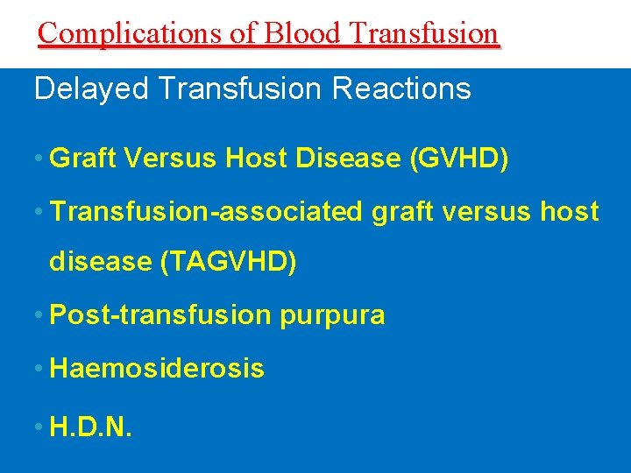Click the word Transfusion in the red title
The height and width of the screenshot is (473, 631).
[423, 32]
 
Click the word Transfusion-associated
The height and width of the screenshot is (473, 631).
[206, 211]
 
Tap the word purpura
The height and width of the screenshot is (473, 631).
[332, 315]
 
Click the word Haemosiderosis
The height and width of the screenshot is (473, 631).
[157, 369]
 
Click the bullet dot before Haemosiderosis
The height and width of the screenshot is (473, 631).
[39, 369]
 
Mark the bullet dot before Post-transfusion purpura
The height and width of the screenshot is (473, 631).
[39, 315]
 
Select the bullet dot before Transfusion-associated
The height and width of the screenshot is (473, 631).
[39, 211]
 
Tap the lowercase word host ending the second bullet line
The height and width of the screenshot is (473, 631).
[569, 211]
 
